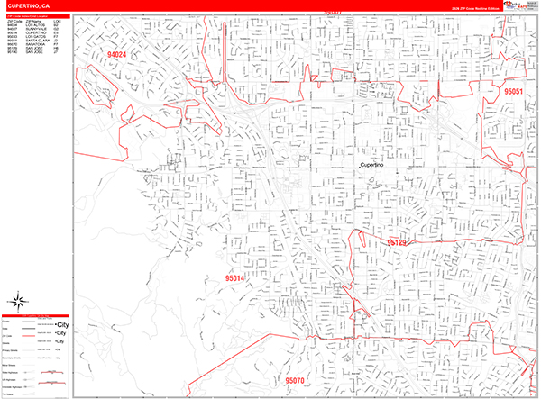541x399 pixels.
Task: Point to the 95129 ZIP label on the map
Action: pos(398,242)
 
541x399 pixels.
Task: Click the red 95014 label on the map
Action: pos(234,279)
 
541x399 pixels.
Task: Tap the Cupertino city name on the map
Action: pos(371,166)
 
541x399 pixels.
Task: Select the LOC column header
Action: pos(56,20)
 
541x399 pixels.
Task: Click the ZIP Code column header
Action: pos(14,20)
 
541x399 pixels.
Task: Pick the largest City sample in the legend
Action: pos(62,322)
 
